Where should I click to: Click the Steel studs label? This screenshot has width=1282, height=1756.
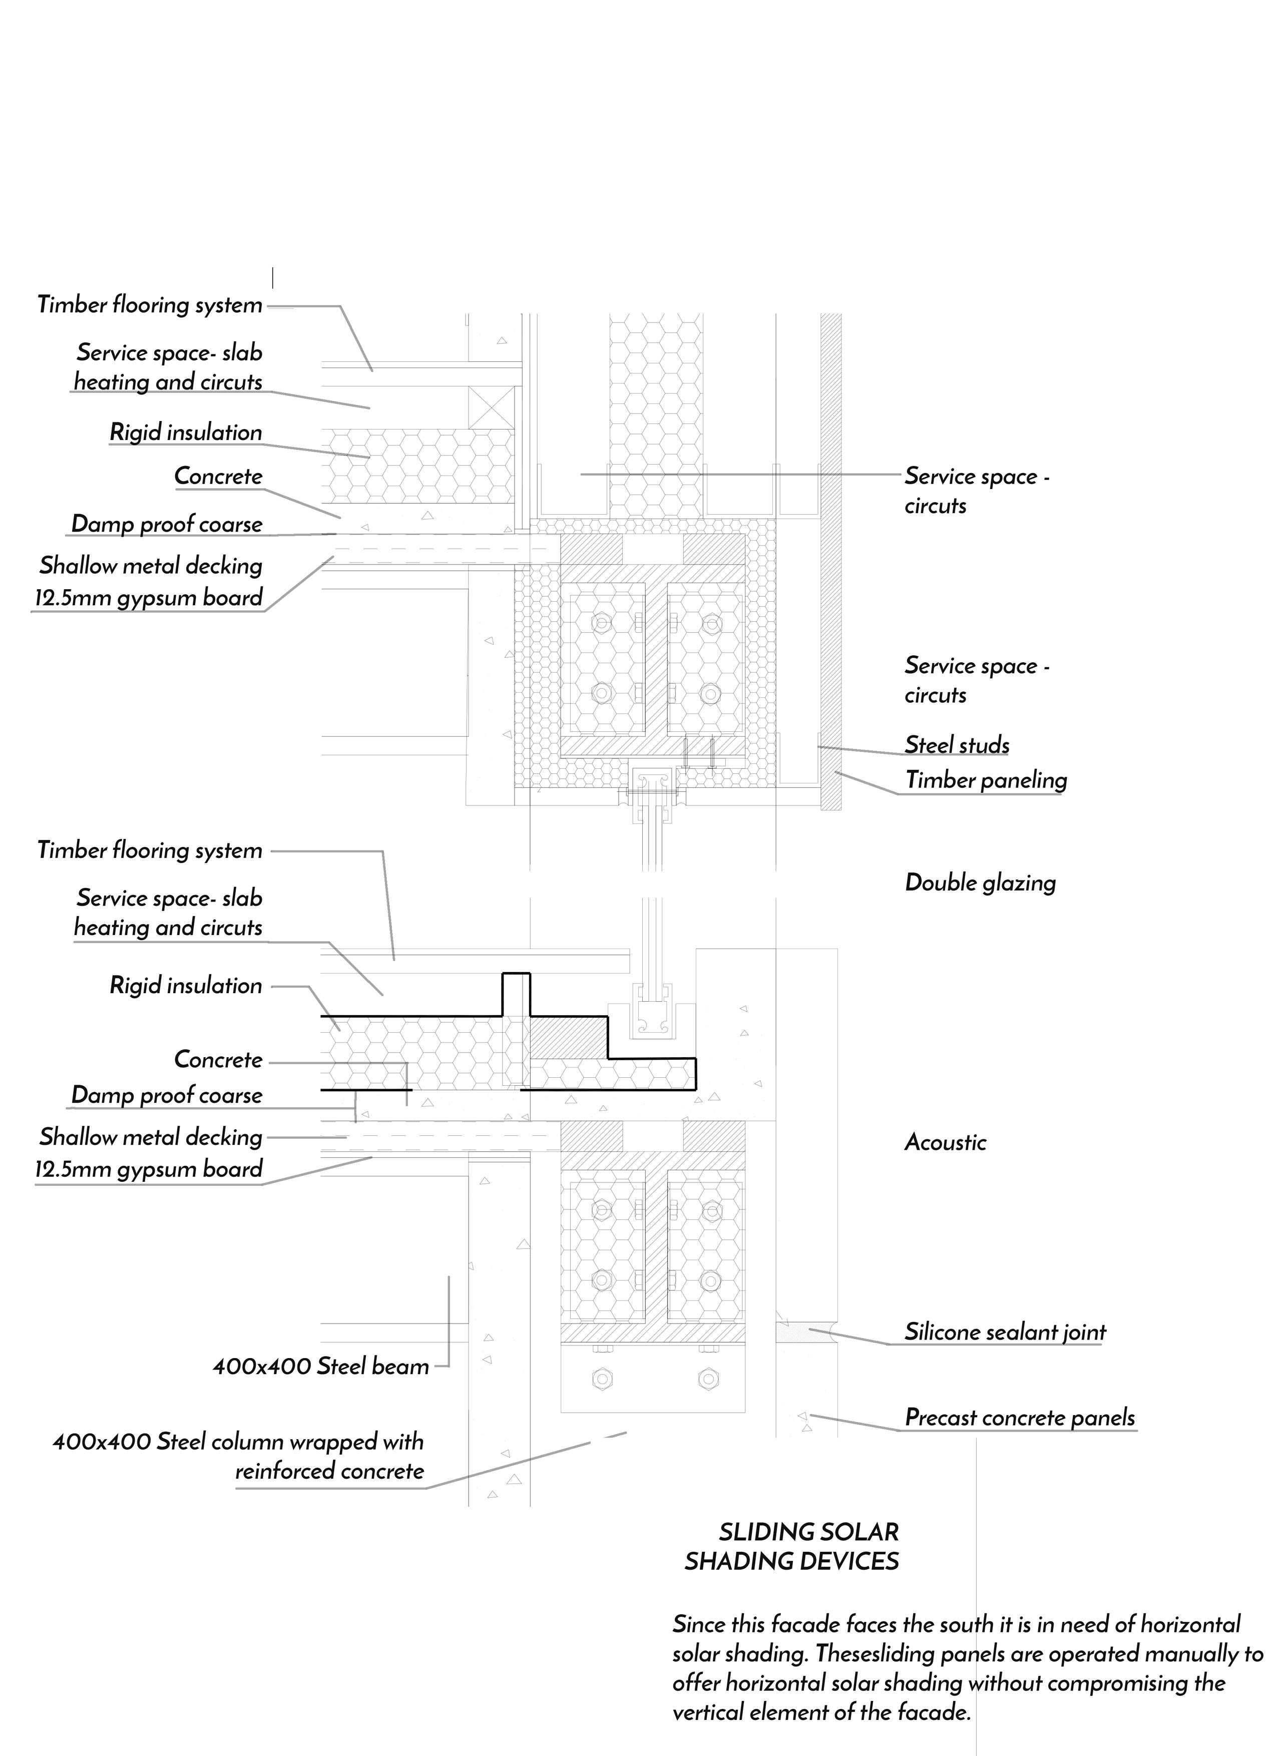(x=957, y=745)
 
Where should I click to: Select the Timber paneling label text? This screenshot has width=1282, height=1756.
(x=986, y=780)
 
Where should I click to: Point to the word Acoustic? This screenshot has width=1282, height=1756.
(x=945, y=1142)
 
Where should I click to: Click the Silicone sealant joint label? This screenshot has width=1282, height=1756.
(x=1006, y=1332)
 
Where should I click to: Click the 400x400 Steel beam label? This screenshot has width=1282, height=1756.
(x=320, y=1367)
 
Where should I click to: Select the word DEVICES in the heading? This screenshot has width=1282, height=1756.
(x=847, y=1562)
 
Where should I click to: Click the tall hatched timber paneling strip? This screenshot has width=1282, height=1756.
(x=831, y=562)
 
